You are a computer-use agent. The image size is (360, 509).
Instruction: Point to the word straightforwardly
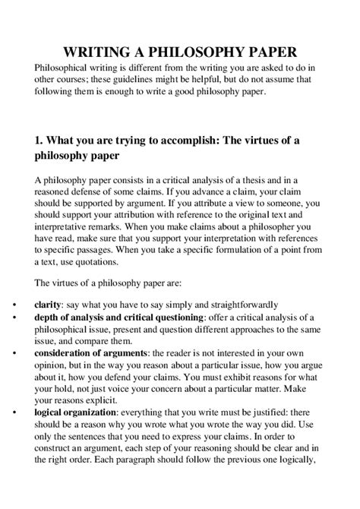tap(242, 303)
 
